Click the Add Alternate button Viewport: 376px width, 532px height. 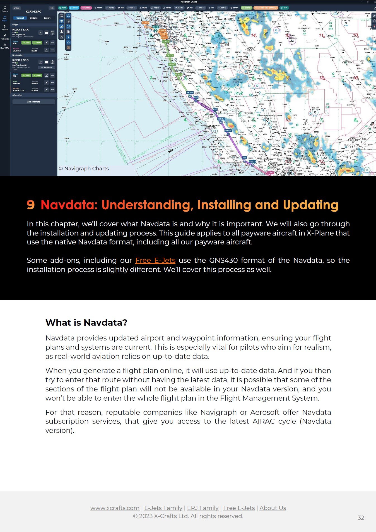pos(33,102)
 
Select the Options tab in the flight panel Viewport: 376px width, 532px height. pos(34,18)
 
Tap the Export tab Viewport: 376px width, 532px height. pos(47,18)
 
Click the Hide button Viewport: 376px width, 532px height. pos(52,8)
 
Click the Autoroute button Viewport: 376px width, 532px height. pos(47,67)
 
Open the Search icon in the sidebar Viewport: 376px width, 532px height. pos(5,9)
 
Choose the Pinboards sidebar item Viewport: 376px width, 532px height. pos(5,37)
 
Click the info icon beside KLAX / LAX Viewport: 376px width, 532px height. pos(52,33)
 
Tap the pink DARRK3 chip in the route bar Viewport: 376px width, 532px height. pos(86,8)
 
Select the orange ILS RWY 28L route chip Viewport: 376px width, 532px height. pos(266,8)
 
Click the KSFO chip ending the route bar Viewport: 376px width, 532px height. pos(284,8)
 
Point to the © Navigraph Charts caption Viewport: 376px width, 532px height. pos(84,169)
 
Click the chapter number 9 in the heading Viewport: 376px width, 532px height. pos(31,205)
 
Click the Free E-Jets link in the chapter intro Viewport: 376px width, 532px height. pos(155,260)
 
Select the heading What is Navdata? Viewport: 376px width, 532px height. pos(86,322)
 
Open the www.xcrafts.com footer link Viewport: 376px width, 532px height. pos(115,508)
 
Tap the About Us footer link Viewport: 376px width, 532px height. pos(273,508)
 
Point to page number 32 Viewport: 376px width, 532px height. pos(361,518)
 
